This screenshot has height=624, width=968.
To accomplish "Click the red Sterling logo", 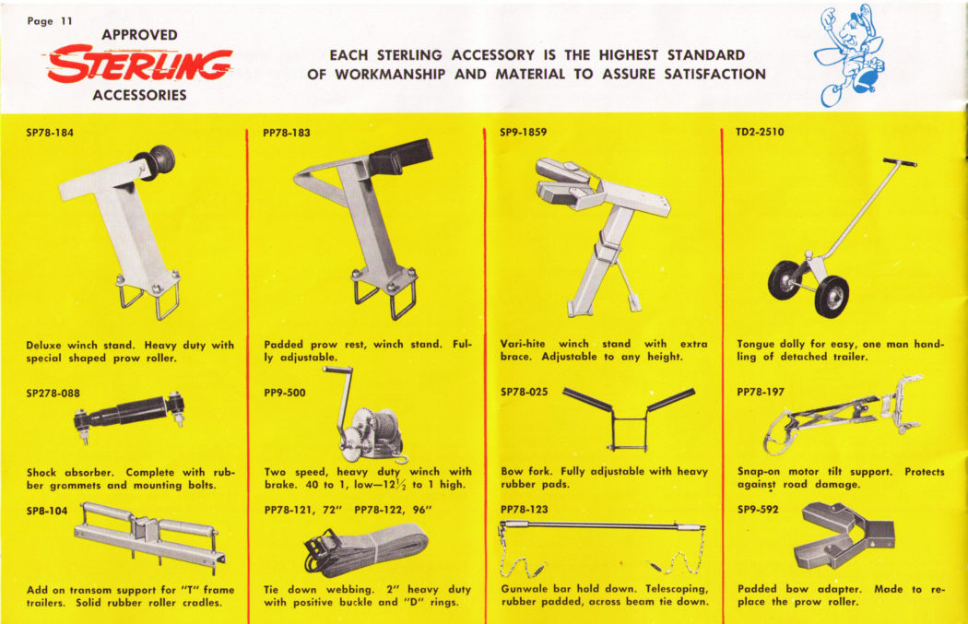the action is (x=139, y=65).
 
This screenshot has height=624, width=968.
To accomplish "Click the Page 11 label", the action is (x=50, y=21).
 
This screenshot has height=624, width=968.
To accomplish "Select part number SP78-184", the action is (x=50, y=132).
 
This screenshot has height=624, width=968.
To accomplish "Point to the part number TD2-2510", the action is (x=760, y=132).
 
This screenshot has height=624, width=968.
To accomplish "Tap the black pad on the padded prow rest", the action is (x=400, y=156).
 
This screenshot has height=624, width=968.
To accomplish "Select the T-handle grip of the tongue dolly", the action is (x=900, y=162).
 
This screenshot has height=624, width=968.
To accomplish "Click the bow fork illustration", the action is (x=629, y=419).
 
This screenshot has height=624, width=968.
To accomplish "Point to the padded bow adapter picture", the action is (x=844, y=536).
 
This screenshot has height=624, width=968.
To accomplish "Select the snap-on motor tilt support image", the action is (x=844, y=414).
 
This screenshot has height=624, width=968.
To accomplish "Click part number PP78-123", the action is (x=525, y=509).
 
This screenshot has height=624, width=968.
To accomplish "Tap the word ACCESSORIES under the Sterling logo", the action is (x=139, y=95).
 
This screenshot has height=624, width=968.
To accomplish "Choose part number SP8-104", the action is (x=47, y=511).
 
